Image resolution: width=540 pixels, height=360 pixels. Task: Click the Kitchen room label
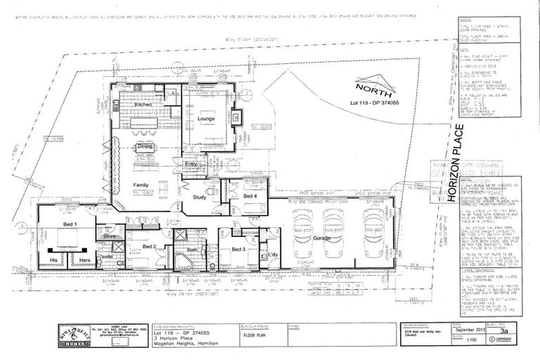pyautogui.click(x=143, y=105)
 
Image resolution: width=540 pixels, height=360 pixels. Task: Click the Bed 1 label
pyautogui.click(x=70, y=224)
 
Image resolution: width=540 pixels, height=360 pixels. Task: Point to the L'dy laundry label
pyautogui.click(x=274, y=252)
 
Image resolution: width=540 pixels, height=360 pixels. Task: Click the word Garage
pyautogui.click(x=321, y=238)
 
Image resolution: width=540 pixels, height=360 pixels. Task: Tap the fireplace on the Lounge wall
pyautogui.click(x=237, y=116)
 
